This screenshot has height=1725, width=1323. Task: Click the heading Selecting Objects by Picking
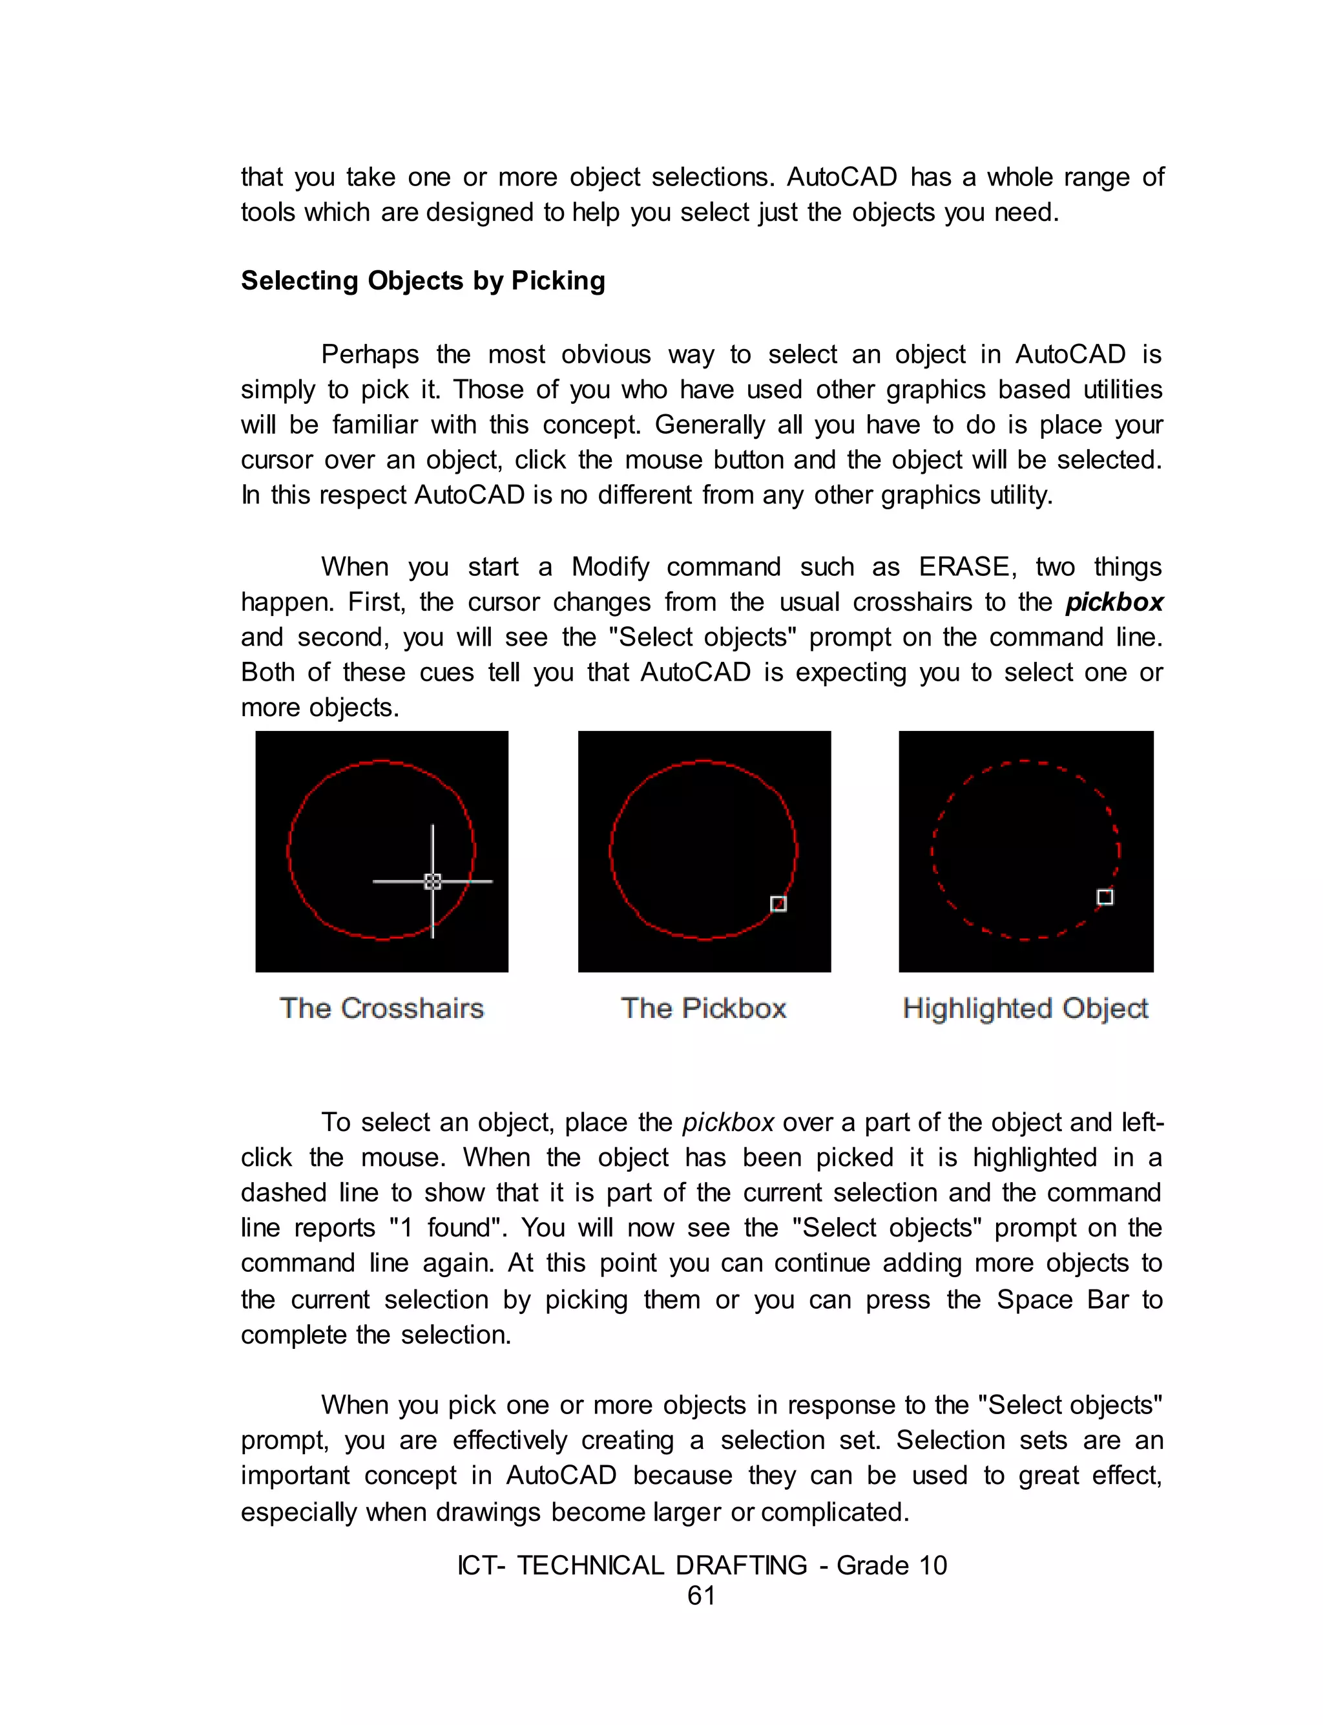423,280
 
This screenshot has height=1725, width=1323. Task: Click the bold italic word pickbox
1114,602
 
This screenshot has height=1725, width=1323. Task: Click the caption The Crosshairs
381,1008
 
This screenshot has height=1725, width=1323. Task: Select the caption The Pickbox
703,1008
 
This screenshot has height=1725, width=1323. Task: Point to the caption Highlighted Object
1025,1008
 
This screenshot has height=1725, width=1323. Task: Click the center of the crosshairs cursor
432,882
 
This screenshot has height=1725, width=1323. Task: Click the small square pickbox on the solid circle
778,904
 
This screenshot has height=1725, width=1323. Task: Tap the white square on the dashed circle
1105,897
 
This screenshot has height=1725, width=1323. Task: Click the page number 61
701,1595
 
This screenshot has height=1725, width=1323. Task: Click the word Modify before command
610,566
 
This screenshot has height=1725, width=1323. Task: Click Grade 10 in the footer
891,1565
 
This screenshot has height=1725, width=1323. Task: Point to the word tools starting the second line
266,212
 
